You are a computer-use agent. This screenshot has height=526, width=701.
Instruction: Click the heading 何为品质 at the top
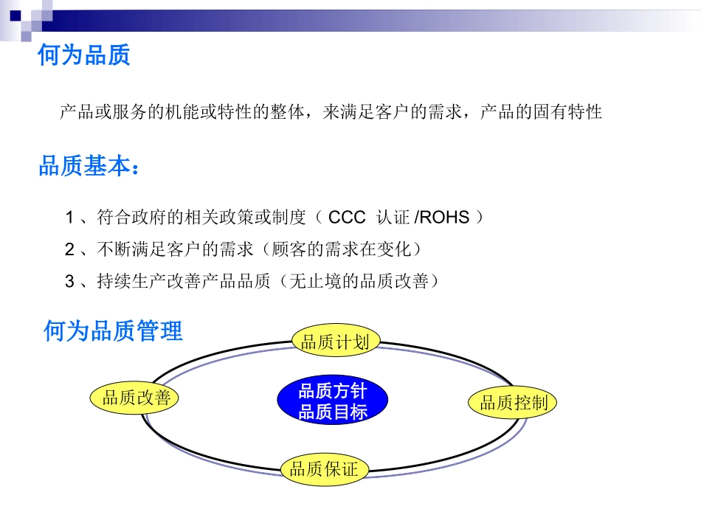pyautogui.click(x=84, y=55)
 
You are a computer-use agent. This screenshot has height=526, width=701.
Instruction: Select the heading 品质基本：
pyautogui.click(x=89, y=167)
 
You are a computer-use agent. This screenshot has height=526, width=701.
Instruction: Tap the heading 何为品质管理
pyautogui.click(x=113, y=331)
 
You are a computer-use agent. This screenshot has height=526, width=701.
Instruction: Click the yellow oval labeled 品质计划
pyautogui.click(x=336, y=342)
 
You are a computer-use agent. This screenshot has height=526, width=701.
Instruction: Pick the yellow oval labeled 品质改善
pyautogui.click(x=137, y=398)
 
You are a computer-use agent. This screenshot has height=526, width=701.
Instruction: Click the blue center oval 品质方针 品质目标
pyautogui.click(x=332, y=401)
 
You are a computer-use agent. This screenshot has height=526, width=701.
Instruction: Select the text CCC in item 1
pyautogui.click(x=347, y=218)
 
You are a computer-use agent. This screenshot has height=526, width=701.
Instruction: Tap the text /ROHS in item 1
pyautogui.click(x=442, y=218)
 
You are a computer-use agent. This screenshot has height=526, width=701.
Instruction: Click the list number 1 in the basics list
pyautogui.click(x=70, y=218)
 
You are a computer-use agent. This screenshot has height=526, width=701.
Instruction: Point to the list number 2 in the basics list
pyautogui.click(x=70, y=249)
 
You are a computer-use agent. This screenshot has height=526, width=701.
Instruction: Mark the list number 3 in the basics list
pyautogui.click(x=70, y=281)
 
